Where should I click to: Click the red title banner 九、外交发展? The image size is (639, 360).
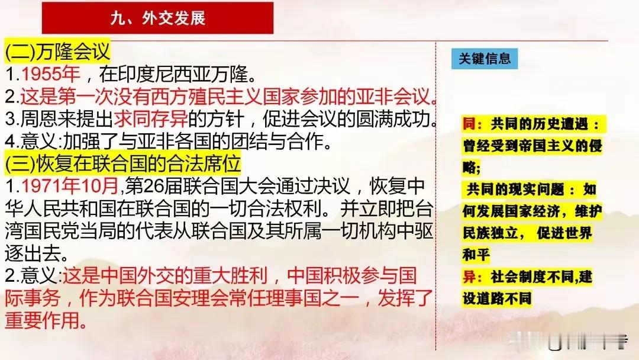(x=158, y=18)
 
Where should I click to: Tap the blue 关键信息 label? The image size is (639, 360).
(x=485, y=59)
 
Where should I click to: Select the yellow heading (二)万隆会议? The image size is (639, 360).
(x=57, y=52)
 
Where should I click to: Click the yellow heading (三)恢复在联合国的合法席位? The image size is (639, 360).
(x=122, y=163)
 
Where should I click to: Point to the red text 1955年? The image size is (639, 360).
(x=50, y=74)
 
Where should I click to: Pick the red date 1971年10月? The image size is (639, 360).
(x=70, y=186)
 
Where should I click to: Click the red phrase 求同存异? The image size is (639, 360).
(x=150, y=119)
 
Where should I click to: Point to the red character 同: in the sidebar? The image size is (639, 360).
(x=472, y=124)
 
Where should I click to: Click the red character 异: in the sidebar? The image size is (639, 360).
(x=472, y=277)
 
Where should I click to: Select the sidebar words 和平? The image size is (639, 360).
(x=476, y=255)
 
